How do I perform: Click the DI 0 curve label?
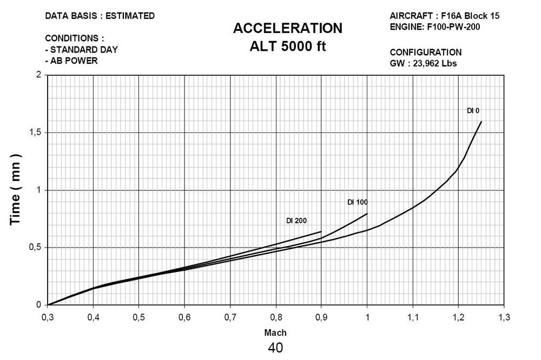pyautogui.click(x=473, y=111)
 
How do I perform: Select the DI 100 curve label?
pyautogui.click(x=357, y=202)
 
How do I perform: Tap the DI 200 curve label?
pyautogui.click(x=296, y=221)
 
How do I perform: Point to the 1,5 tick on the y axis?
pyautogui.click(x=35, y=132)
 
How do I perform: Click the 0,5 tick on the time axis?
pyautogui.click(x=35, y=248)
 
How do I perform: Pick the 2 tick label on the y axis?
pyautogui.click(x=38, y=75)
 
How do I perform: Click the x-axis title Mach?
pyautogui.click(x=275, y=332)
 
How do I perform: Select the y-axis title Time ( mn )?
pyautogui.click(x=16, y=190)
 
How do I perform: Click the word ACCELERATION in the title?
pyautogui.click(x=287, y=28)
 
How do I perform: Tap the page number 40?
pyautogui.click(x=275, y=348)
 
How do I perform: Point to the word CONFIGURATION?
pyautogui.click(x=425, y=52)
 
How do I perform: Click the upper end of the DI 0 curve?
pyautogui.click(x=481, y=122)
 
